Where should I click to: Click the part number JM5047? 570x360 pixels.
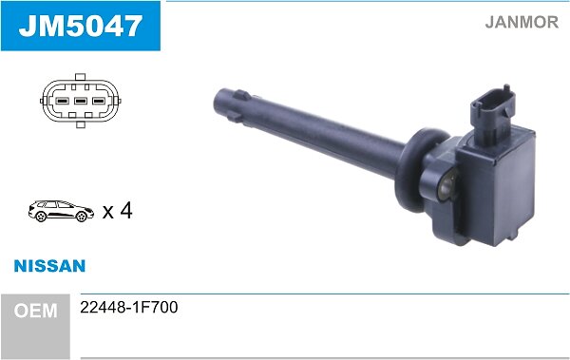(x=81, y=26)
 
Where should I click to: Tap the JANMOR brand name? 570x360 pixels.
(x=522, y=22)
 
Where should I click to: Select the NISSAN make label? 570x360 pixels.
(x=49, y=266)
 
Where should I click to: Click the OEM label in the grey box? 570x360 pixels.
(x=36, y=311)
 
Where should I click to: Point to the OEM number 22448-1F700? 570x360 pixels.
(x=129, y=307)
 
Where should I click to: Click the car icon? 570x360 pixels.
(x=61, y=211)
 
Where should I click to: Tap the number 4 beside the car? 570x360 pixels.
(x=125, y=211)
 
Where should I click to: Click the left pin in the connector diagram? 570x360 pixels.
(x=62, y=101)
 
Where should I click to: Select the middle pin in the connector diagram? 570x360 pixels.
(x=81, y=101)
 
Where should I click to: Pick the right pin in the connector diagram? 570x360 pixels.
(x=99, y=101)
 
